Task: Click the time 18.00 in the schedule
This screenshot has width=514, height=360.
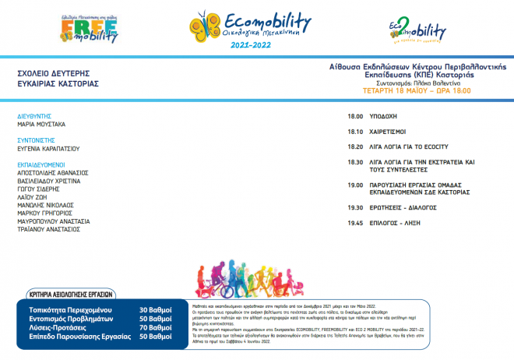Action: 355,117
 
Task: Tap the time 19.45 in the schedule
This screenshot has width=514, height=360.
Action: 355,223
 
